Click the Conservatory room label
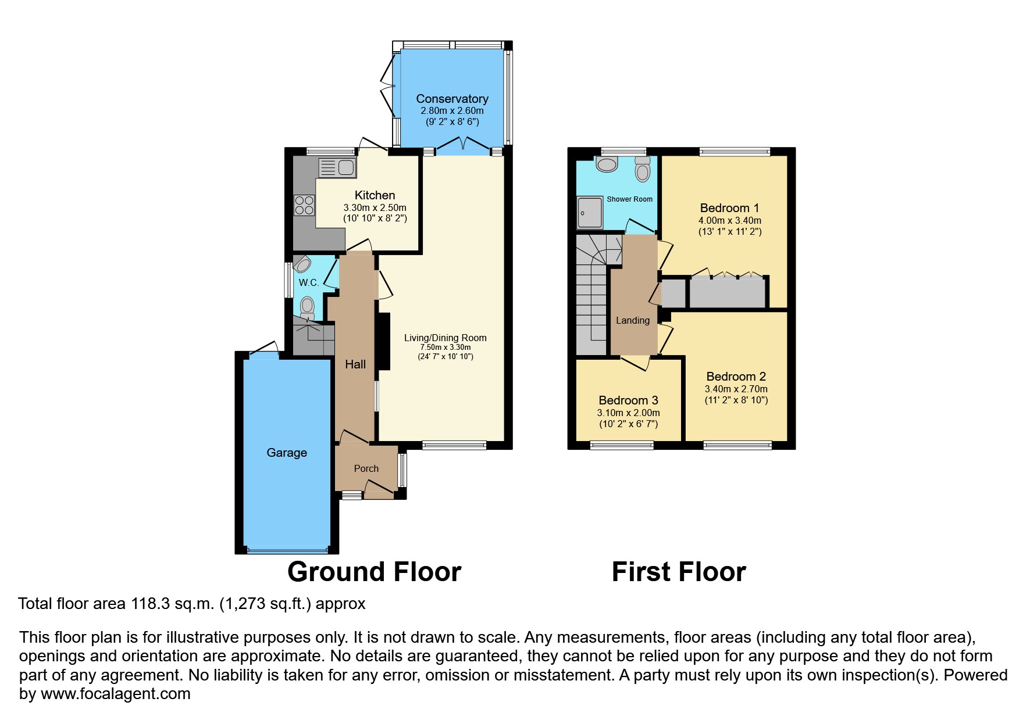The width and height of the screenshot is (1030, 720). click(x=452, y=99)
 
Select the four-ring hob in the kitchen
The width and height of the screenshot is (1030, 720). click(x=305, y=205)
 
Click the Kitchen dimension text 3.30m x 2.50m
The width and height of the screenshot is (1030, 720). click(x=375, y=207)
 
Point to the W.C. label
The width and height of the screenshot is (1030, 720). click(x=308, y=283)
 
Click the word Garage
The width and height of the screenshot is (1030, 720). click(x=287, y=453)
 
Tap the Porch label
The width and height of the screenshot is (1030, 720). click(x=366, y=468)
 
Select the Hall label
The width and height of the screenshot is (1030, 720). click(x=355, y=364)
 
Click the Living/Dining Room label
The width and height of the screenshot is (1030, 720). click(x=445, y=338)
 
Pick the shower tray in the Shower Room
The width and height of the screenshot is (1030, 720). click(x=590, y=213)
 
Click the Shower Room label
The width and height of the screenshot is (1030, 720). click(x=629, y=199)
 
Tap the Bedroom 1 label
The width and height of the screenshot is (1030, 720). click(x=729, y=208)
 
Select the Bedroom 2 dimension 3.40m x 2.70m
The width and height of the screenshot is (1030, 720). click(x=736, y=389)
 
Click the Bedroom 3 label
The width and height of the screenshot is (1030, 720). click(x=628, y=400)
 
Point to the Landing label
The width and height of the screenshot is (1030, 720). click(x=633, y=321)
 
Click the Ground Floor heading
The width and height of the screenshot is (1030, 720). click(x=374, y=572)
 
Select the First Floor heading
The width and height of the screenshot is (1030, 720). click(x=679, y=572)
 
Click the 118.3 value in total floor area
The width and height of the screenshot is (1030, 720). click(x=150, y=604)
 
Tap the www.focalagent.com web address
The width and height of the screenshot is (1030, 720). click(x=115, y=694)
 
